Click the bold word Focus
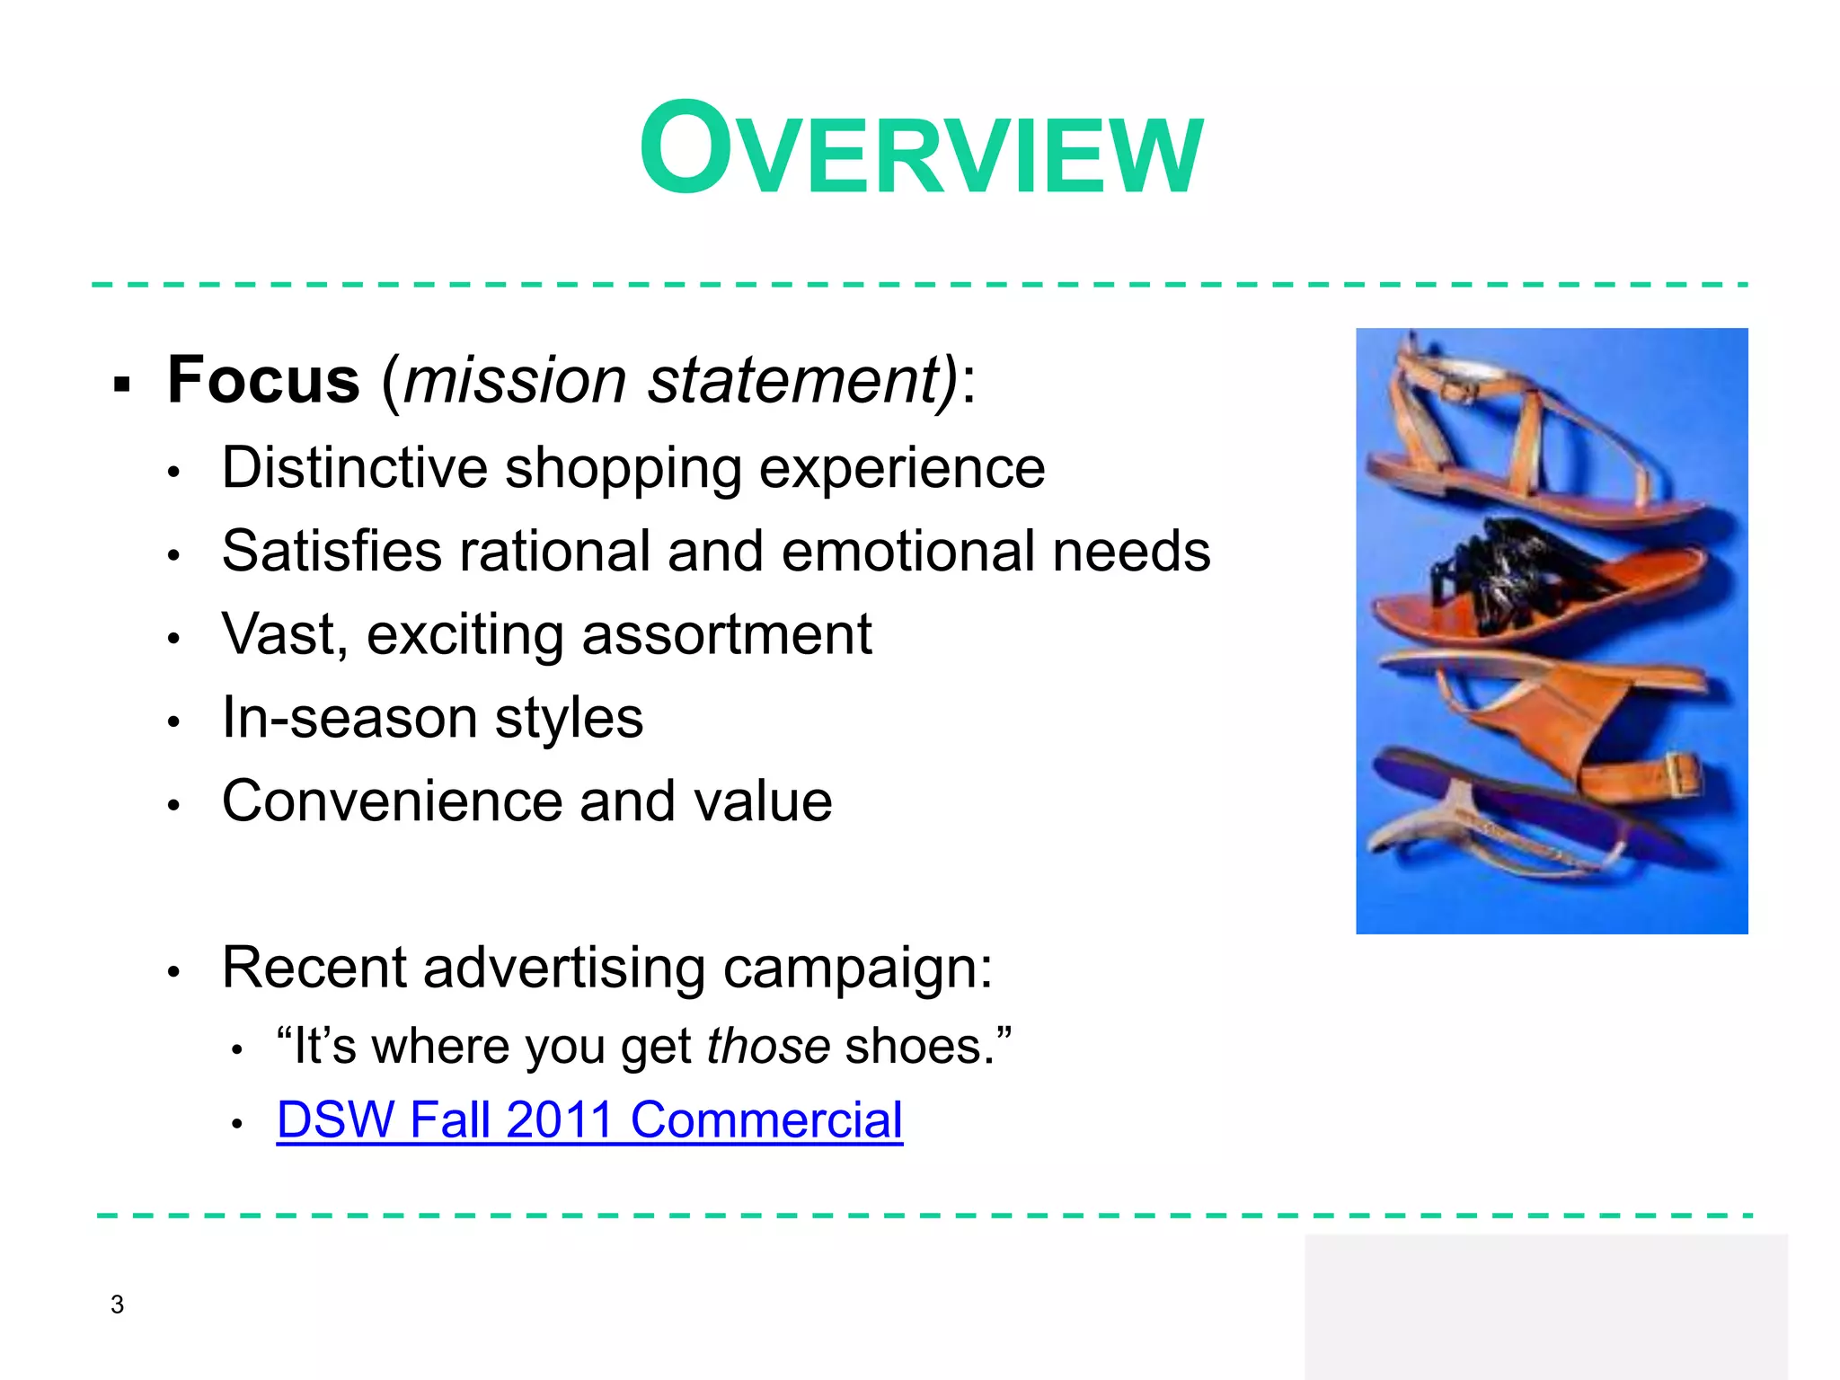pyautogui.click(x=263, y=380)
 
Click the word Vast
pyautogui.click(x=278, y=634)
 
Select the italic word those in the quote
pyautogui.click(x=768, y=1046)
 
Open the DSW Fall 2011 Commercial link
pyautogui.click(x=589, y=1120)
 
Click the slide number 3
pyautogui.click(x=117, y=1304)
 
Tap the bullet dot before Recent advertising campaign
pyautogui.click(x=174, y=971)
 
